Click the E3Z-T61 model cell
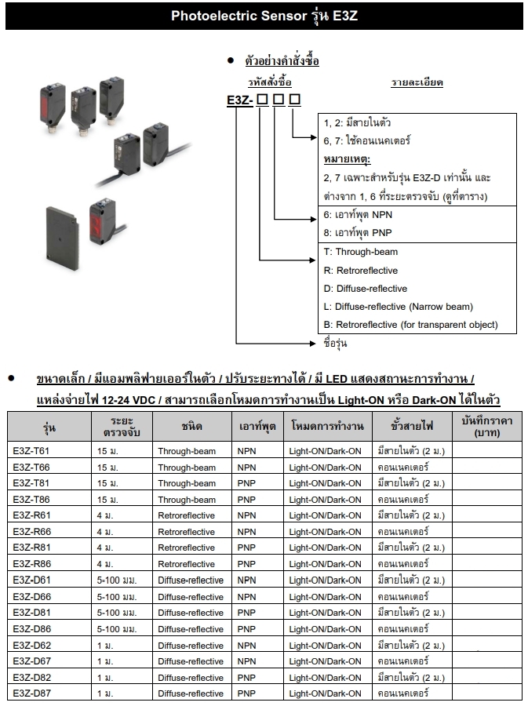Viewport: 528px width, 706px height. click(31, 451)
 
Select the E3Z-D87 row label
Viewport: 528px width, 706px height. click(31, 693)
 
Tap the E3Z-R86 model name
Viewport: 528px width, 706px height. click(31, 564)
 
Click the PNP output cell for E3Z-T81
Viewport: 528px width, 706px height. click(246, 483)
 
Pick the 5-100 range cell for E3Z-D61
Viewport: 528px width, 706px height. click(117, 580)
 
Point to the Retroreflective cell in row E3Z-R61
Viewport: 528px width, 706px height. click(186, 515)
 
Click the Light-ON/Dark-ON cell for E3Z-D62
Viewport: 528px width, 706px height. click(325, 646)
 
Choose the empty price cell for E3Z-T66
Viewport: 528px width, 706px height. click(487, 467)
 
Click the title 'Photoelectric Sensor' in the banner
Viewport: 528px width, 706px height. click(239, 16)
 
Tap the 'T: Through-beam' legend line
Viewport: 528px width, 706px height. click(361, 252)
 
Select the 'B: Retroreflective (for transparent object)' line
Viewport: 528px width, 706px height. click(410, 325)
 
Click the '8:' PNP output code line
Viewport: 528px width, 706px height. click(358, 233)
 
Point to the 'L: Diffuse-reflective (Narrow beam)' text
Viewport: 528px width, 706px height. click(398, 307)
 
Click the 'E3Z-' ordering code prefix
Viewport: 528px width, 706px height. click(239, 100)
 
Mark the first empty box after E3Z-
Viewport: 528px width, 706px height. click(262, 100)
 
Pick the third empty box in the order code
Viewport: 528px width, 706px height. click(294, 100)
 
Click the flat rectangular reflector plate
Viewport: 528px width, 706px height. click(62, 238)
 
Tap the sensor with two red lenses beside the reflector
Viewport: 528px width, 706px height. click(102, 221)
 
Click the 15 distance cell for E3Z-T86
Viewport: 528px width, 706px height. click(107, 500)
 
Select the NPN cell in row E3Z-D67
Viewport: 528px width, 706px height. click(246, 661)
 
